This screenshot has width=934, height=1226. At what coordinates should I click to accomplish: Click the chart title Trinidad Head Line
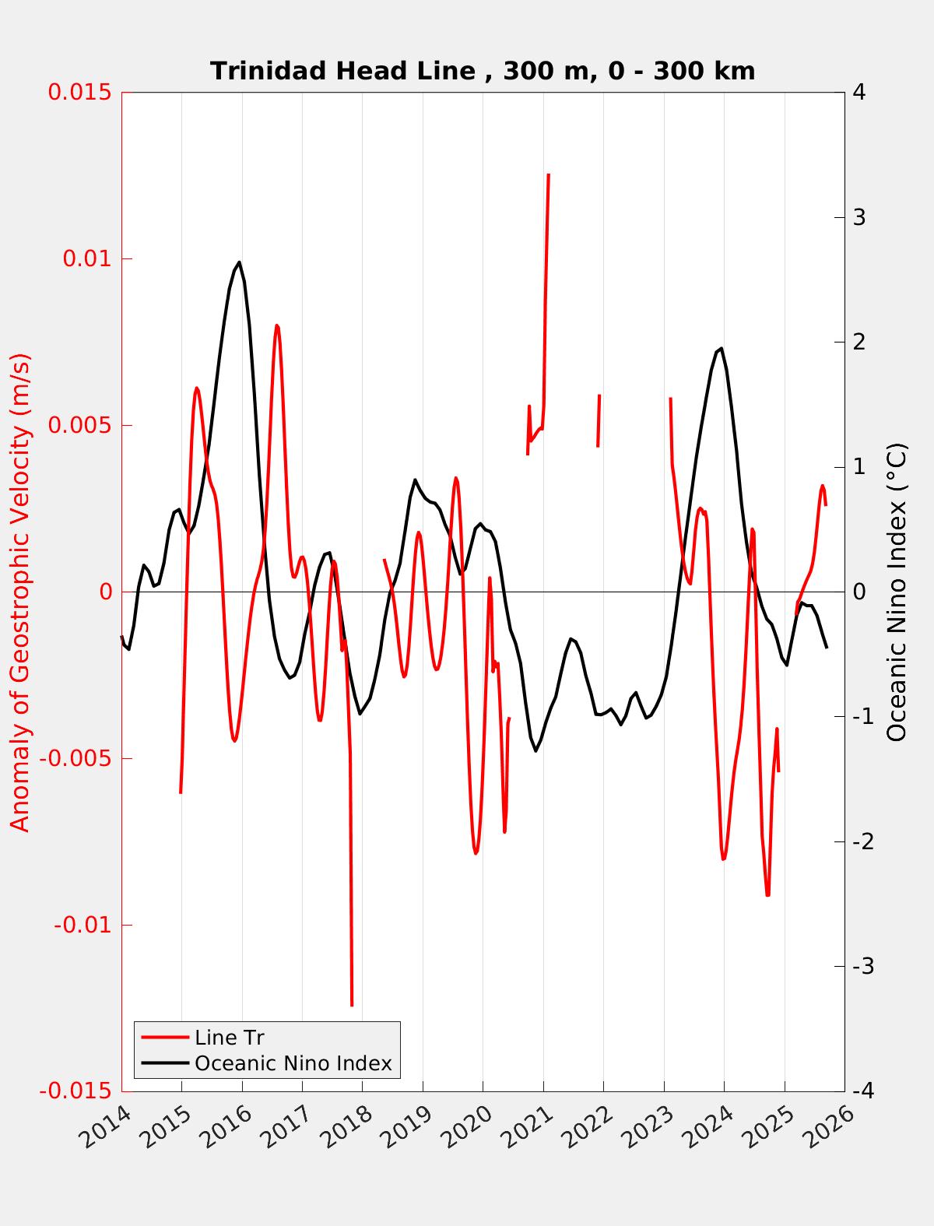tap(483, 72)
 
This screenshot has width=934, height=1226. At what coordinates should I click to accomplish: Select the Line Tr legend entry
tap(229, 1038)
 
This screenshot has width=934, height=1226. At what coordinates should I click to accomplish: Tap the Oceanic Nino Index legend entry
tap(293, 1063)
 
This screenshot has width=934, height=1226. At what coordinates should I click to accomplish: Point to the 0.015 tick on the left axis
tap(80, 92)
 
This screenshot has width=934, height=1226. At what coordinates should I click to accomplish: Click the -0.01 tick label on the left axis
tap(83, 926)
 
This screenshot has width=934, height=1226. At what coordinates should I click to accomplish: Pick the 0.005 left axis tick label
tap(80, 425)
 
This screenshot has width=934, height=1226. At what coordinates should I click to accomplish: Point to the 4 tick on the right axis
tap(859, 92)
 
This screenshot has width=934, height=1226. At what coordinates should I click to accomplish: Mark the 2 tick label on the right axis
tap(859, 342)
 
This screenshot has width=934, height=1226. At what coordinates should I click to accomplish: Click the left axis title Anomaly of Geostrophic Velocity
tap(20, 592)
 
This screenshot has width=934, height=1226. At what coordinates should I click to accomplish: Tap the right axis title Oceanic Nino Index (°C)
tap(897, 592)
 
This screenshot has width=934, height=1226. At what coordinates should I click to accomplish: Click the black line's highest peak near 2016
tap(239, 262)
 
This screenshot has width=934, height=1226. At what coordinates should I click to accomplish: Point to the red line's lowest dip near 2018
tap(352, 1005)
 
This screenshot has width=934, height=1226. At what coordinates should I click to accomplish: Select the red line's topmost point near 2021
tap(549, 175)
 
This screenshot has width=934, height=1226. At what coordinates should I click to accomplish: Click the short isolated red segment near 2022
tap(599, 420)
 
